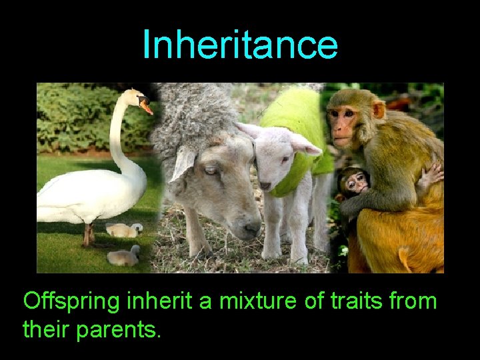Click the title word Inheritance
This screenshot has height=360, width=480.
coord(240,45)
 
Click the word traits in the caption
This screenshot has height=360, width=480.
coord(353,301)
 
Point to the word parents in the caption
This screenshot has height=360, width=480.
coord(123,329)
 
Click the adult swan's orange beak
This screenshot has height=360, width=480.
coord(145,106)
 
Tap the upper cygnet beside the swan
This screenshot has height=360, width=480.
coord(124,230)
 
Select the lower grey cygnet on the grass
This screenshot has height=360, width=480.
coord(123,256)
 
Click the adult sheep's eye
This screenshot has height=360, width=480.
coord(212,171)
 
